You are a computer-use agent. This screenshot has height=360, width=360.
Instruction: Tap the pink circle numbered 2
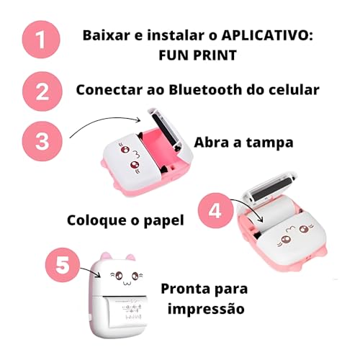(x=41, y=92)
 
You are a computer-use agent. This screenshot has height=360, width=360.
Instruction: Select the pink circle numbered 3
(x=41, y=138)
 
